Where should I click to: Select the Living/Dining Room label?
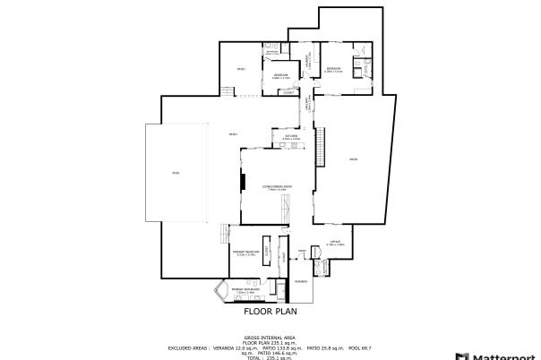(x=274, y=186)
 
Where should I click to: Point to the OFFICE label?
(x=335, y=242)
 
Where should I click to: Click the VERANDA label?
(x=301, y=281)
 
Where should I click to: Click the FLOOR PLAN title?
(x=270, y=313)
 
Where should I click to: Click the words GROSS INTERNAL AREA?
(x=270, y=338)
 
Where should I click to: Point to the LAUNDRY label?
(x=308, y=62)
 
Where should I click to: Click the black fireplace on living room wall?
(x=240, y=182)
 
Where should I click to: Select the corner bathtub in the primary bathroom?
(x=220, y=293)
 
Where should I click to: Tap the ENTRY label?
(x=302, y=250)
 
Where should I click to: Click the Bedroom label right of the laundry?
(x=333, y=69)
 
